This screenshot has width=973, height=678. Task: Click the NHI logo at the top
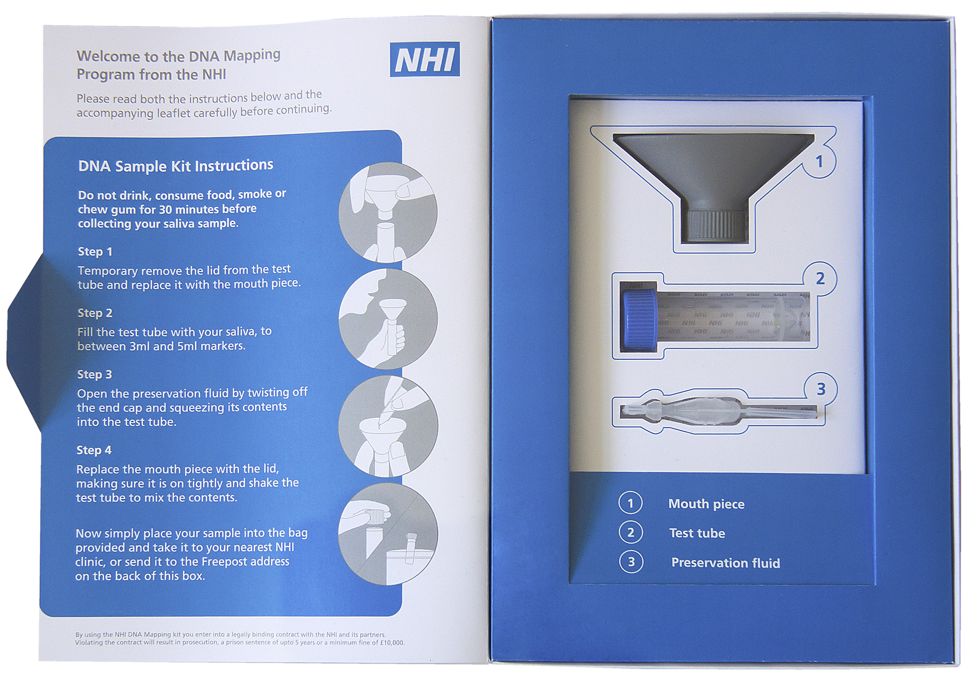425,59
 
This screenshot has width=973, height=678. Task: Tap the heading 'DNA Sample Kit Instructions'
176,166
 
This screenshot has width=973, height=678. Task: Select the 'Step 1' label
95,252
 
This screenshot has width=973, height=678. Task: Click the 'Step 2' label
95,313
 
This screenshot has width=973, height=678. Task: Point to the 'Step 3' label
95,375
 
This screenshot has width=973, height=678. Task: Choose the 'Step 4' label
94,450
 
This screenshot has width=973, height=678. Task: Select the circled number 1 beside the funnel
819,162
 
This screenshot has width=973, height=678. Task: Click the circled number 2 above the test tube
820,279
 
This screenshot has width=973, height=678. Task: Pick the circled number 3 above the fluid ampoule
821,389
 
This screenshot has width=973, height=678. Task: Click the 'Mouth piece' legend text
706,504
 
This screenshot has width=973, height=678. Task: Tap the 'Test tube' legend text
697,533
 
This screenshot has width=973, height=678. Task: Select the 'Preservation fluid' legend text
725,563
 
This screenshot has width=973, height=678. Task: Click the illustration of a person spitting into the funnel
388,319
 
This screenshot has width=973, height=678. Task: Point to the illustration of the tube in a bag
388,534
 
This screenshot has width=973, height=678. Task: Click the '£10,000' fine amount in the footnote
392,643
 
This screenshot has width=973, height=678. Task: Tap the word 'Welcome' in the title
109,56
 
